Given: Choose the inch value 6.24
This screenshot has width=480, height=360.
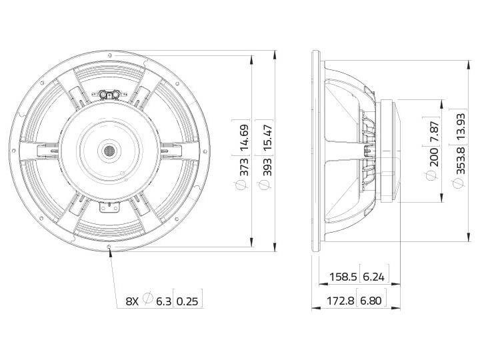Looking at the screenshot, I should [x=373, y=277].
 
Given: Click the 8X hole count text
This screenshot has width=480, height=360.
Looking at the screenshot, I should [x=132, y=301].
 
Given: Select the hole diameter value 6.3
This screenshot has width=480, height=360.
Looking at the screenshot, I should [x=164, y=301].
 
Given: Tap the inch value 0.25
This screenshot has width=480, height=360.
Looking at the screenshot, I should [x=190, y=301].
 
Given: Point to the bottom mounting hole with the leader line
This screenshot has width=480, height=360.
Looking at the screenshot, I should [x=109, y=247].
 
